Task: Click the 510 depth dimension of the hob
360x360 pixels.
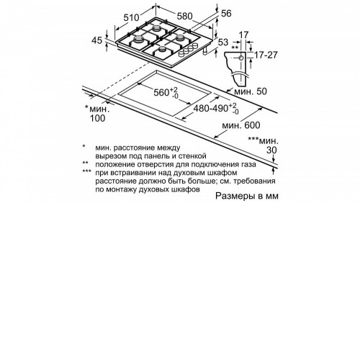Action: point(131,17)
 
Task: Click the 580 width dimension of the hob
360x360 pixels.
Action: point(185,16)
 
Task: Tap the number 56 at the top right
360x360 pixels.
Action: point(226,14)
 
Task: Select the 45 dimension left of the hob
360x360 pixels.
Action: point(97,40)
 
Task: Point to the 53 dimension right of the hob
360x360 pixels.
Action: point(223,42)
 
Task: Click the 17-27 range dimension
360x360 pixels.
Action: point(266,55)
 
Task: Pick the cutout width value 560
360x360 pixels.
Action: point(161,92)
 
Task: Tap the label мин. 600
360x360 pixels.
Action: point(241,125)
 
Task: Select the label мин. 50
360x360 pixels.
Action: point(251,91)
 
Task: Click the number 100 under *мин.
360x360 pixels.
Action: point(97,118)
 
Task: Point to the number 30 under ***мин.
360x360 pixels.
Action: point(271,150)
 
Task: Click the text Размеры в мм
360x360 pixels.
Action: point(247,196)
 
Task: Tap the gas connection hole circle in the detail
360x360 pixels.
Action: point(241,58)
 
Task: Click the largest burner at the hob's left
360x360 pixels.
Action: point(138,40)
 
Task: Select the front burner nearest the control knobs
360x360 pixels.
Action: point(163,50)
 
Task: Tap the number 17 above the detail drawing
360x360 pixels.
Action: point(243,35)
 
